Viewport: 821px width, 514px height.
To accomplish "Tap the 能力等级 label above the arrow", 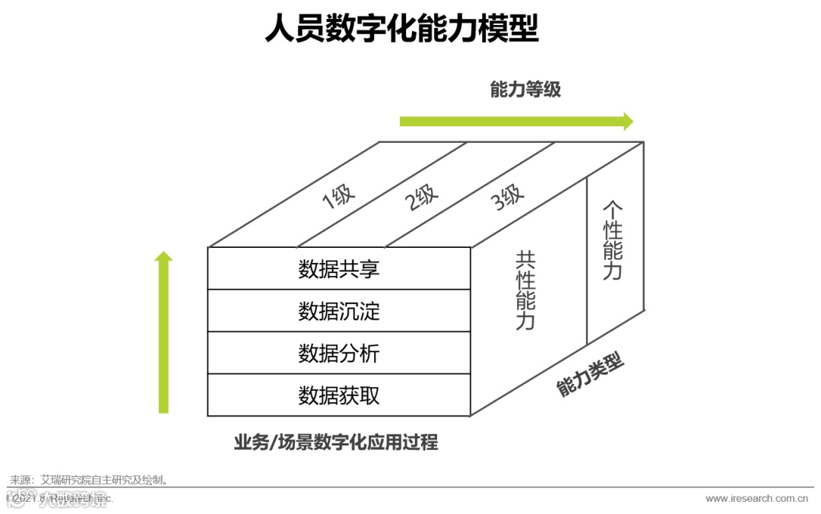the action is [525, 90].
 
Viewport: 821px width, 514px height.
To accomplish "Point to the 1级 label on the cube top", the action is [339, 198].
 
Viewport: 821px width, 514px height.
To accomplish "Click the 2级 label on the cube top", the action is [423, 198].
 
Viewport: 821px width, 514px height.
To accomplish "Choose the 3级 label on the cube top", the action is [508, 198].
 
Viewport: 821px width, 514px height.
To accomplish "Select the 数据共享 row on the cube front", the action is [339, 269].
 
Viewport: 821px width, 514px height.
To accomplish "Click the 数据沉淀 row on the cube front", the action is [339, 311].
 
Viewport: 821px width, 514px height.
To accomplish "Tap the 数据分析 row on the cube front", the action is [339, 354].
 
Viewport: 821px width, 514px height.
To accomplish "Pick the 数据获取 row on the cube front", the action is [339, 395].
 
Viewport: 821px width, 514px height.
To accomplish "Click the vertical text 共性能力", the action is [525, 290].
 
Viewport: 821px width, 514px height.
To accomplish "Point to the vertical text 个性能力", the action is [613, 240].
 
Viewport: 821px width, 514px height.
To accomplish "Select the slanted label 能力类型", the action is [591, 375].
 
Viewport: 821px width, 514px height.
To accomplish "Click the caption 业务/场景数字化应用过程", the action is [336, 443].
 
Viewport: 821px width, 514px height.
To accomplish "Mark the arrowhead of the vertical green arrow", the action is [163, 256].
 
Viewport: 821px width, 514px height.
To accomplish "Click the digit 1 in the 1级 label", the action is [329, 201].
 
